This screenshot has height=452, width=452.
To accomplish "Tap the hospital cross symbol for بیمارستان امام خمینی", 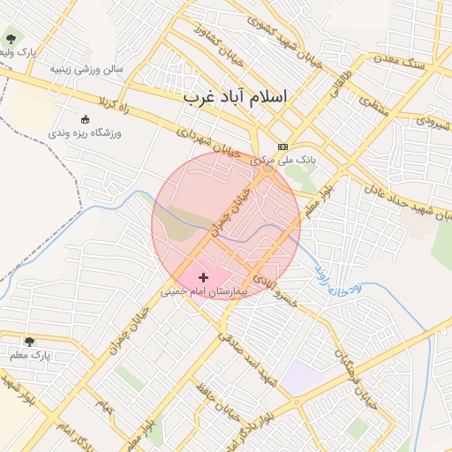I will pos(204,277).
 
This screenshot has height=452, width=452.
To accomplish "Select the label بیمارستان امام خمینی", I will pos(205,290).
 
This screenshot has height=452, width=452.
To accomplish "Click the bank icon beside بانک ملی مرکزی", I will pos(282,147).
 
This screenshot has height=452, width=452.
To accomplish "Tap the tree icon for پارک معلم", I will pos(29,342).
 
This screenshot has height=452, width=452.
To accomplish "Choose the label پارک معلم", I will pos(30,355).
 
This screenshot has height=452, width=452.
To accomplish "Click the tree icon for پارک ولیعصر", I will pos(11,39).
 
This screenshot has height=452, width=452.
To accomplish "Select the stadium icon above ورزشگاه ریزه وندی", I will pos(85,119).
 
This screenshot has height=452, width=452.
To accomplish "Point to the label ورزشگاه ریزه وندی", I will pos(86,132).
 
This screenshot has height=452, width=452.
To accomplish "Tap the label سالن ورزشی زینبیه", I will pos(87,68).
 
